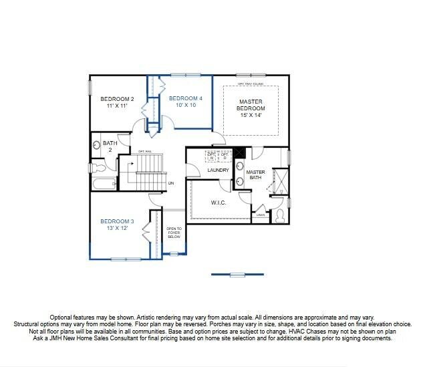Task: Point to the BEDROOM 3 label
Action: pyautogui.click(x=117, y=221)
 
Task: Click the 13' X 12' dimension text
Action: pyautogui.click(x=117, y=228)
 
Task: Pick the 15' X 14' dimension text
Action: pyautogui.click(x=252, y=115)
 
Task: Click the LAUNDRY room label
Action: pyautogui.click(x=218, y=170)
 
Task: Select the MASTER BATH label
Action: pyautogui.click(x=256, y=175)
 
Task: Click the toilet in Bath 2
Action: pyautogui.click(x=96, y=144)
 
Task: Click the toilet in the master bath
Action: pyautogui.click(x=281, y=215)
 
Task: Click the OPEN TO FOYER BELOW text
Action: pyautogui.click(x=174, y=233)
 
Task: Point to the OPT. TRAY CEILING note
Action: pyautogui.click(x=251, y=84)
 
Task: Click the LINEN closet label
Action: pyautogui.click(x=260, y=215)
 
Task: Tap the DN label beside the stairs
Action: pyautogui.click(x=171, y=182)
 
